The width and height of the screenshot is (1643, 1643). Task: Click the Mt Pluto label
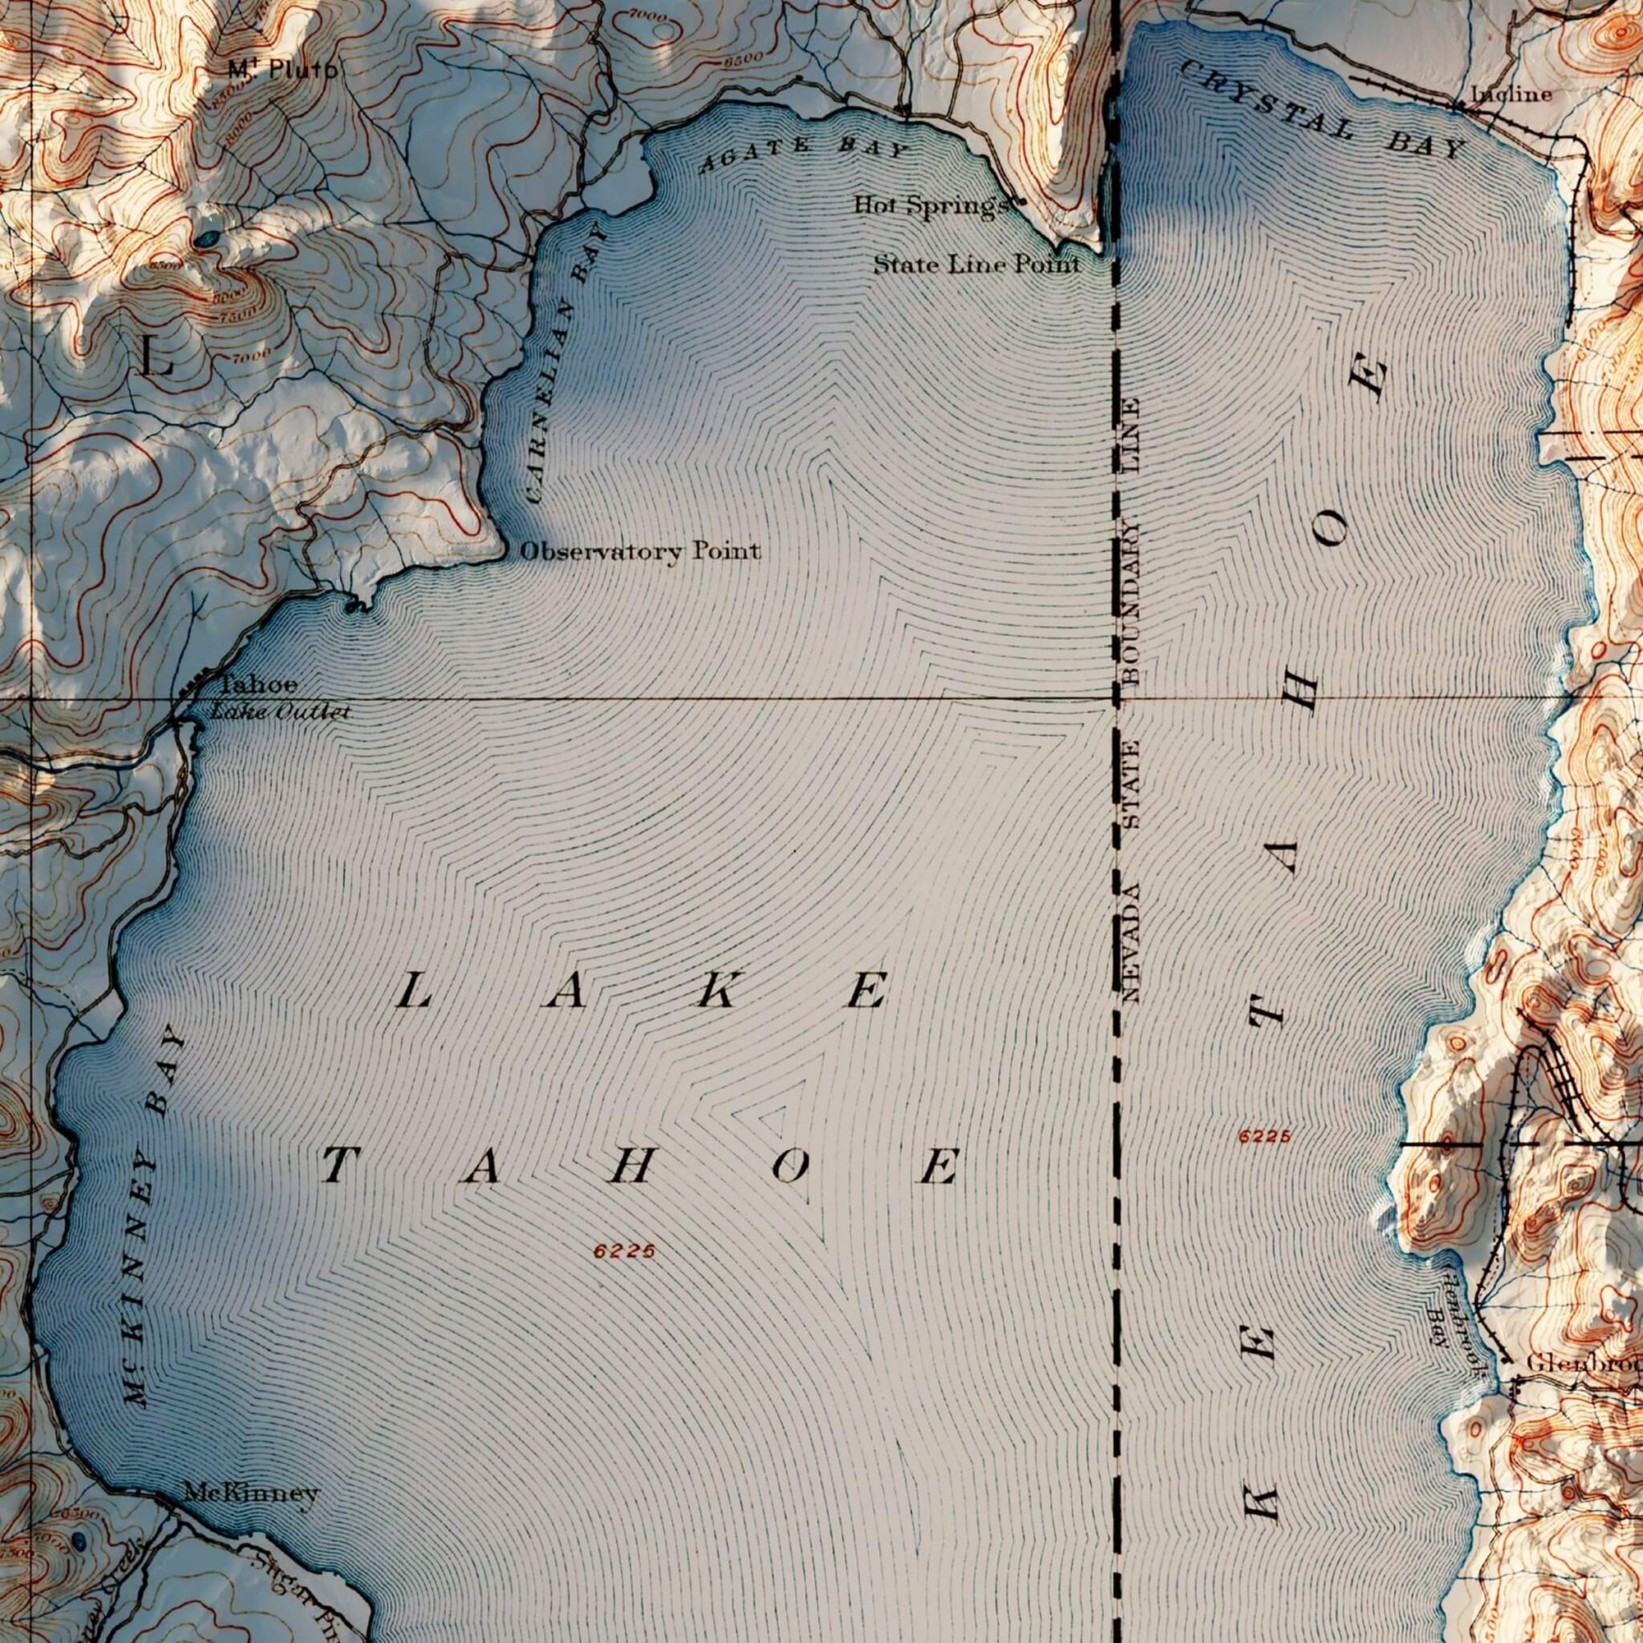click(281, 69)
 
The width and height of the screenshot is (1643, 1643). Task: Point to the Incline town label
click(1512, 94)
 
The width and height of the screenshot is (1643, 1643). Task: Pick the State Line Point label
click(977, 265)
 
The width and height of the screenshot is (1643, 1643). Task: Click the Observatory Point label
click(639, 551)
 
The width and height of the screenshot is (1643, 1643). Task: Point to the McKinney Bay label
click(152, 1218)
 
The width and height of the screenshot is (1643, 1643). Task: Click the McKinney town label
click(251, 1492)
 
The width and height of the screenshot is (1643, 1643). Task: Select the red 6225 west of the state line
click(625, 1251)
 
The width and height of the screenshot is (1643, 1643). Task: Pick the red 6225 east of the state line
click(1264, 1136)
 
